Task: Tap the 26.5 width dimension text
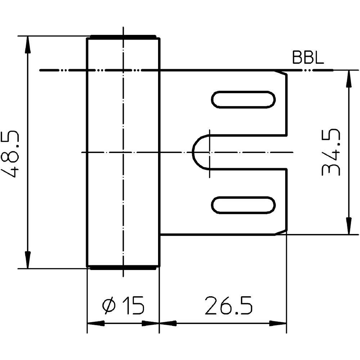229,306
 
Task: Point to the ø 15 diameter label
123,306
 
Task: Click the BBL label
308,58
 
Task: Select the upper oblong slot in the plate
243,99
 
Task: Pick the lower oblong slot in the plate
243,205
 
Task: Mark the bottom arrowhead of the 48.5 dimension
27,261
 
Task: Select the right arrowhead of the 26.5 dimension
279,323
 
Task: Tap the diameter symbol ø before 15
109,306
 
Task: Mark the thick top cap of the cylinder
123,37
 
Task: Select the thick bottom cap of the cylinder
123,268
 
